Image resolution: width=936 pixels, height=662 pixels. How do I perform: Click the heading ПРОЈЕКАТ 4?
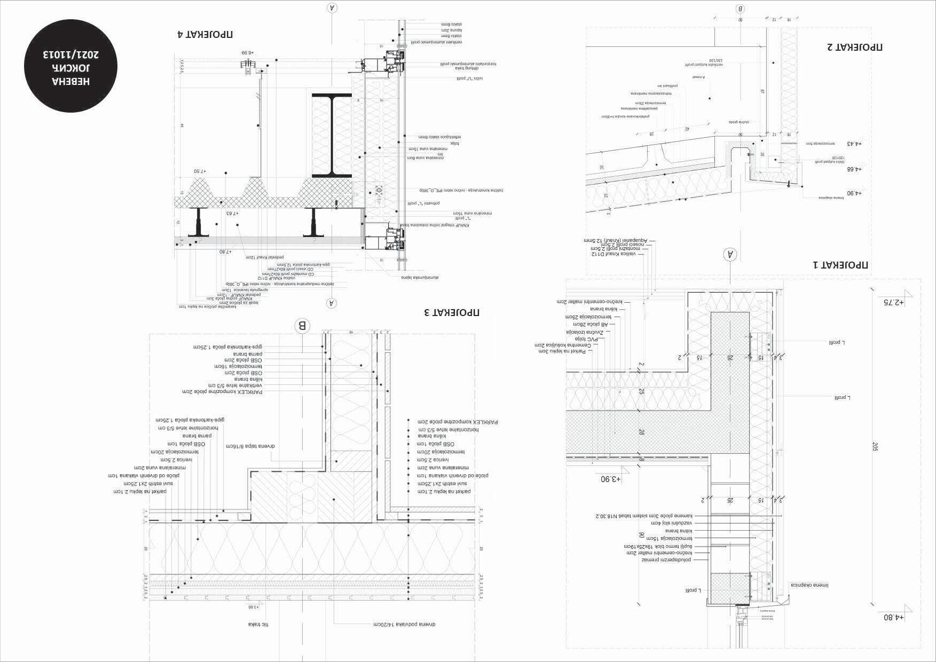coord(205,35)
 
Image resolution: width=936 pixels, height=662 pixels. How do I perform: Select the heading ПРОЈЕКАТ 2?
coord(855,47)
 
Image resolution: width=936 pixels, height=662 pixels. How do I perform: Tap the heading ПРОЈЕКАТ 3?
coord(451,312)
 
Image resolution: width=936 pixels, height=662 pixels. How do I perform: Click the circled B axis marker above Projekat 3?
coord(302,325)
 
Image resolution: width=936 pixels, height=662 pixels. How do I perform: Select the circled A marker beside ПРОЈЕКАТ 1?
coord(730,255)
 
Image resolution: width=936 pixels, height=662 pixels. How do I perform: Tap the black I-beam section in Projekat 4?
coord(332,136)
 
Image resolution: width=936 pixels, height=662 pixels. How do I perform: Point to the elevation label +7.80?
coord(225,251)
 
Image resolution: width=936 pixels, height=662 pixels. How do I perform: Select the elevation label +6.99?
coord(247,53)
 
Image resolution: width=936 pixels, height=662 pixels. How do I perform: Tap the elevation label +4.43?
coord(854,144)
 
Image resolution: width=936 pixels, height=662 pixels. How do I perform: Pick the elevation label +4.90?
coord(854,193)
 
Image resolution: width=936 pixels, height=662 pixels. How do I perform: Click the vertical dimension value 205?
coord(875,447)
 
